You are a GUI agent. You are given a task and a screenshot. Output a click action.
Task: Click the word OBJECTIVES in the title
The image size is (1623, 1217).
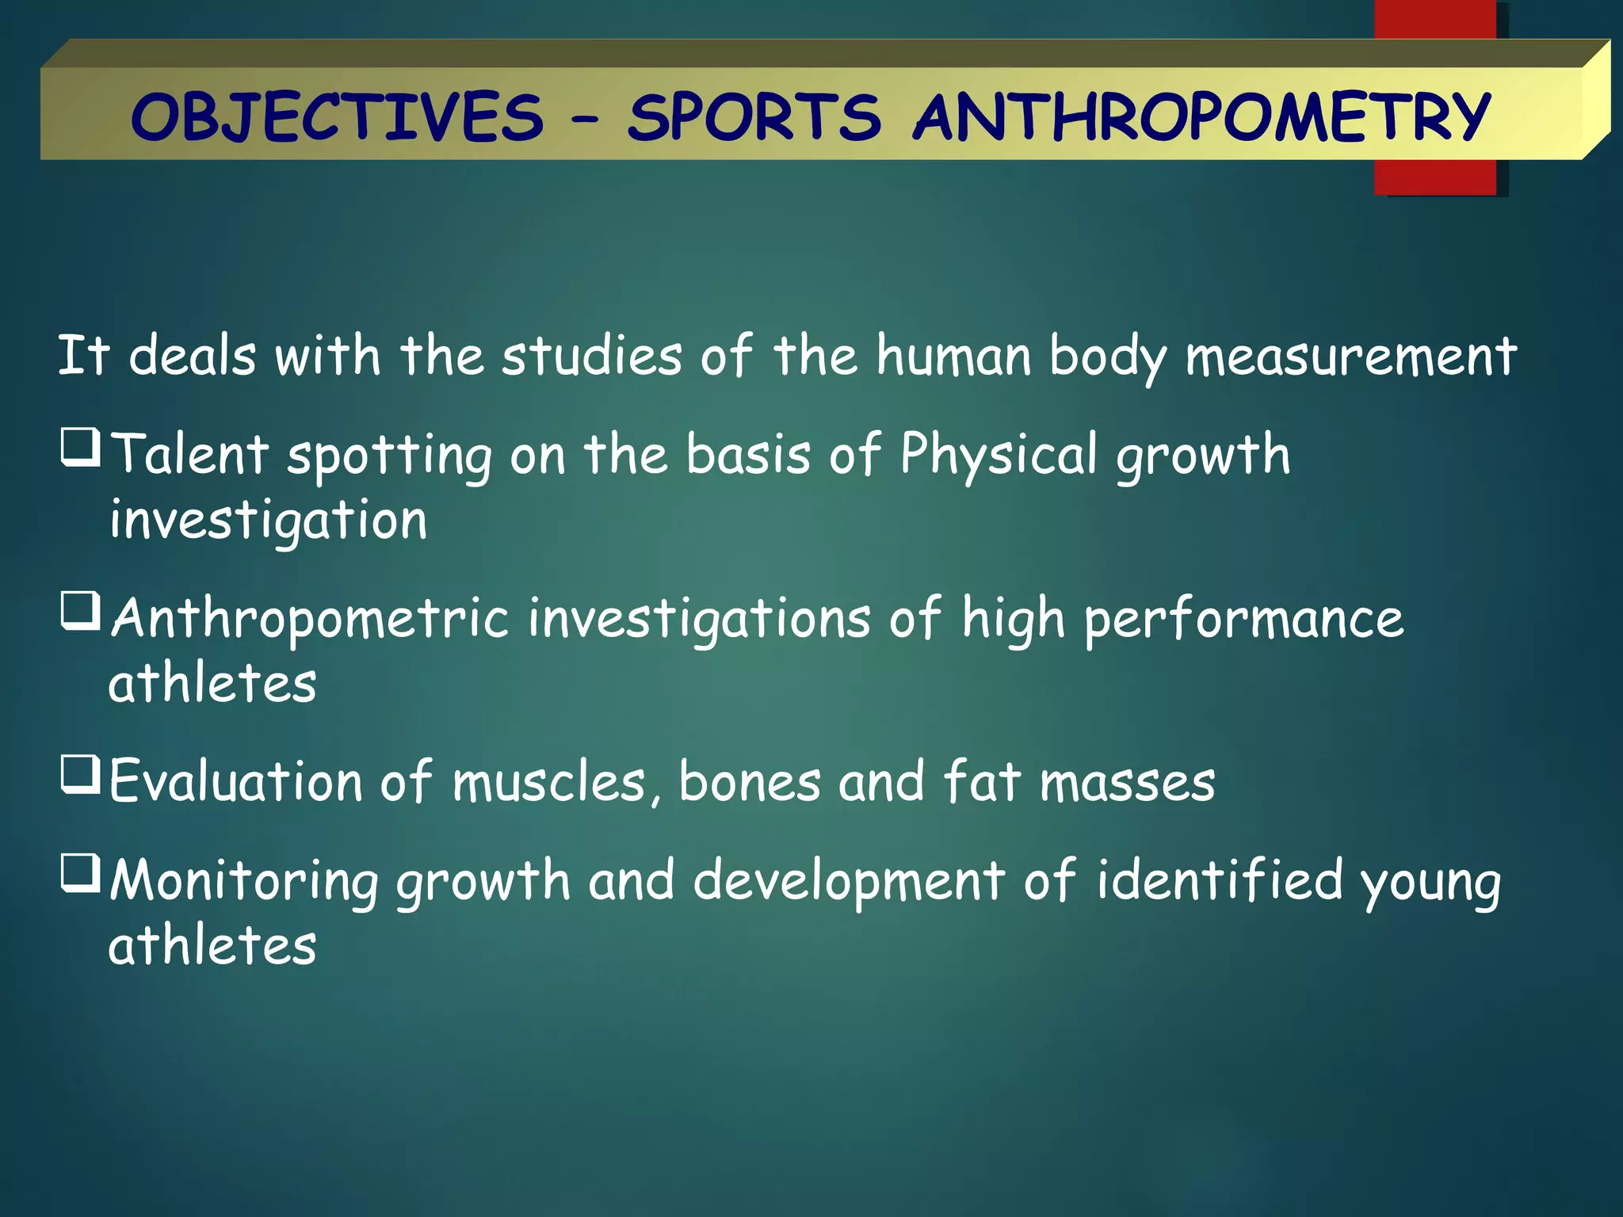338,117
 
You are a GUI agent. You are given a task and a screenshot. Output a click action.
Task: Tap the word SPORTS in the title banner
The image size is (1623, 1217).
754,117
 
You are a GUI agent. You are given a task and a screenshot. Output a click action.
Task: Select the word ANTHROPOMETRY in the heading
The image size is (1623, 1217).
1202,117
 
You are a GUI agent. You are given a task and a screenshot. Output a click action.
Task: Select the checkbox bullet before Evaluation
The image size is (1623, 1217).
81,774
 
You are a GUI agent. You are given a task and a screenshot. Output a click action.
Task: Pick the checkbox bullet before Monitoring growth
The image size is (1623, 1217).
81,873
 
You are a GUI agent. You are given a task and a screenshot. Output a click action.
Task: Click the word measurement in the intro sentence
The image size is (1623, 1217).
1350,357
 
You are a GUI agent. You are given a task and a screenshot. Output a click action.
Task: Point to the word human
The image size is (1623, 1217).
953,357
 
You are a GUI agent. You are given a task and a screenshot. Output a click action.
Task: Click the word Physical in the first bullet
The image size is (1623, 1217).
999,456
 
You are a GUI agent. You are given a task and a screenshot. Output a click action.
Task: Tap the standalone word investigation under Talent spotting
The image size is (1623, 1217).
268,521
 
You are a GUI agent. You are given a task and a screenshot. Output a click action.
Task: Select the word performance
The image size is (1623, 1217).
1243,619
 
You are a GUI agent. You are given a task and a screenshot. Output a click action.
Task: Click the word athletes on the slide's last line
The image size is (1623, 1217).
212,946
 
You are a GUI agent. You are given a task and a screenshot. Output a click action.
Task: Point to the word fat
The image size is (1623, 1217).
981,781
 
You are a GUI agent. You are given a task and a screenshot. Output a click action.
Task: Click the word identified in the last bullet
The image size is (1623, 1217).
1220,880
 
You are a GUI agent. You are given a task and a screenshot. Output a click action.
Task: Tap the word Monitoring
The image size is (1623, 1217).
244,882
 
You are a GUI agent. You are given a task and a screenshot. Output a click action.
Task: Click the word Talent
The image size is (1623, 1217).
190,455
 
